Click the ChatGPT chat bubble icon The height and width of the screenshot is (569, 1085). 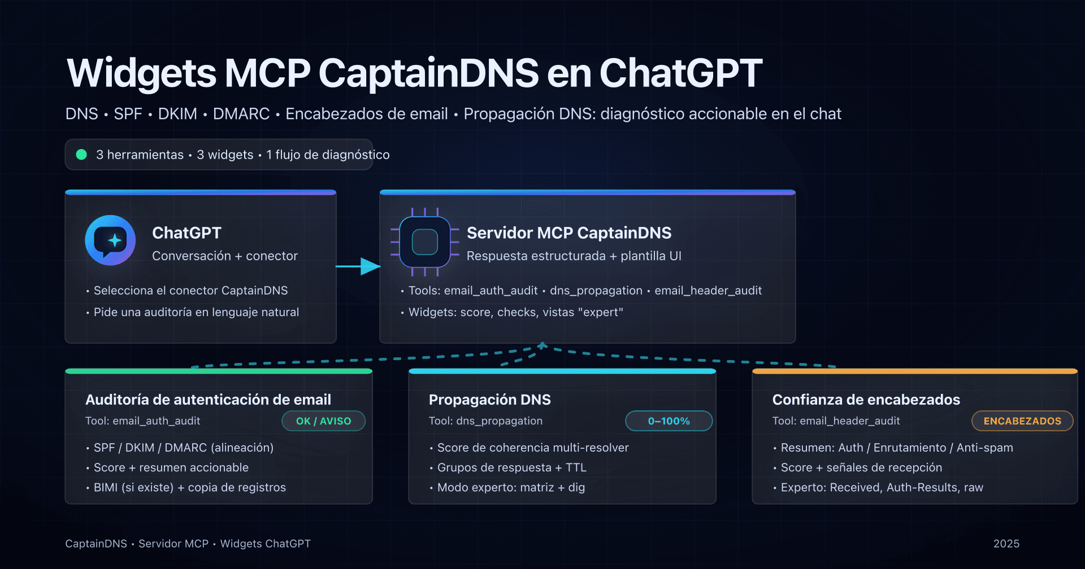[x=110, y=240]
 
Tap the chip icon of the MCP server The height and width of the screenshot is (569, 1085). [x=425, y=243]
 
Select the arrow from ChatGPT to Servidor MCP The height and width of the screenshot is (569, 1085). [x=358, y=266]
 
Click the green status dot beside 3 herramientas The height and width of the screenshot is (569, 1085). [x=81, y=155]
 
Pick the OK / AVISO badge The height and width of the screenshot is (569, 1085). [x=323, y=421]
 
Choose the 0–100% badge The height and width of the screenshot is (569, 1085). [x=669, y=421]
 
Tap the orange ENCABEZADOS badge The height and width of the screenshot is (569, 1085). [x=1022, y=421]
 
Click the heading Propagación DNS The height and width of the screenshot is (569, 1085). [x=489, y=400]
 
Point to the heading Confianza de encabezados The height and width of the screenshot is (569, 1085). [x=866, y=400]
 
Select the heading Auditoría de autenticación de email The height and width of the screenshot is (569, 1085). [x=208, y=400]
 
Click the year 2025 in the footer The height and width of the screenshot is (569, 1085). [x=1006, y=544]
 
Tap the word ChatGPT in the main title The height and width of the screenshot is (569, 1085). [x=680, y=73]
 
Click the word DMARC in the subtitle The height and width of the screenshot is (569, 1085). [x=241, y=114]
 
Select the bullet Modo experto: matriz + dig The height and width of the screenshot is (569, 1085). [x=511, y=488]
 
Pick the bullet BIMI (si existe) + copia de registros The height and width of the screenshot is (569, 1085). [x=190, y=488]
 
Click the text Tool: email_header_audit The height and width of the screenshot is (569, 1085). [x=836, y=421]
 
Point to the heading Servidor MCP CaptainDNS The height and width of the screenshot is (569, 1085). [x=569, y=233]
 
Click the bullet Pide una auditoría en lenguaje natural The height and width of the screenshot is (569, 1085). [x=196, y=312]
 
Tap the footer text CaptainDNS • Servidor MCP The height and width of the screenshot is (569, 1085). [x=137, y=544]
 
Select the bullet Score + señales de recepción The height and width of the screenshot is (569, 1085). [x=861, y=468]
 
